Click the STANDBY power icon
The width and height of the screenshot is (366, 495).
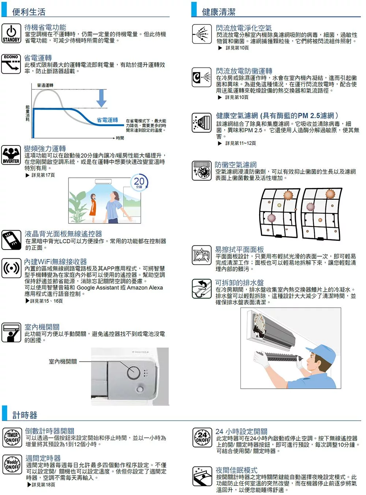pos(11,33)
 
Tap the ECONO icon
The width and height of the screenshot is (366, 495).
pos(11,64)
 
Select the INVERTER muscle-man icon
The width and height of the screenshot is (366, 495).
pos(11,155)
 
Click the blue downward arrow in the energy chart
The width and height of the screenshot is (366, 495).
pos(101,98)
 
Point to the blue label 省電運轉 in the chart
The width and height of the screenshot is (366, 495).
pos(107,120)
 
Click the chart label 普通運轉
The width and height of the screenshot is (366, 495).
pos(45,85)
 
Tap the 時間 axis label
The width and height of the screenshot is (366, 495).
pos(120,138)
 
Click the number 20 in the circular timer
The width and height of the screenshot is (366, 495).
pos(139,181)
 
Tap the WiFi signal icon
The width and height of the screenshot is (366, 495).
pos(11,268)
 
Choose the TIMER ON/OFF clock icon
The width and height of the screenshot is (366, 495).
pos(12,437)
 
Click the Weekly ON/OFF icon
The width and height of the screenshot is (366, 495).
pos(12,464)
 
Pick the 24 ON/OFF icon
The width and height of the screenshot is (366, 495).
pos(202,437)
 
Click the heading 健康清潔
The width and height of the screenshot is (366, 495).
pos(219,12)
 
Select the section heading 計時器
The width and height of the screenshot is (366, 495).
pos(25,415)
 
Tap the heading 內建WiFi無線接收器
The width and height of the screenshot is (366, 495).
pos(56,261)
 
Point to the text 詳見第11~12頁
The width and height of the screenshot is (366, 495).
pos(240,143)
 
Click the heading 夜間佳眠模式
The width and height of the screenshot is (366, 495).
pos(236,470)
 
